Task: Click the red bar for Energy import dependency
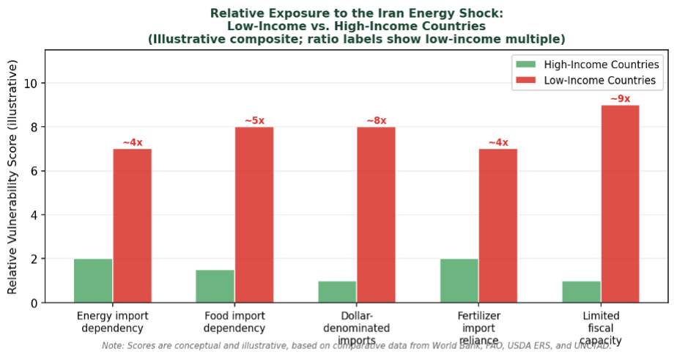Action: (132, 226)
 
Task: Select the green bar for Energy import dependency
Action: (93, 280)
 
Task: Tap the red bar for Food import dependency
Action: (254, 215)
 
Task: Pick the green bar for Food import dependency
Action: (215, 286)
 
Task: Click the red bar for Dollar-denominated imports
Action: (376, 215)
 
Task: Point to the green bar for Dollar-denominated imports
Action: (337, 291)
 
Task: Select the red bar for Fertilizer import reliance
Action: (498, 226)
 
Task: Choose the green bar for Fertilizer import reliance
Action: (459, 280)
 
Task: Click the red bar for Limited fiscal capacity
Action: (620, 204)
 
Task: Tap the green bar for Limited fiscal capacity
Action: (581, 291)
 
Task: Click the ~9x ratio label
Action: (620, 99)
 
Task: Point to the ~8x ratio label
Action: (376, 121)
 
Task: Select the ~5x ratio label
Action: (254, 121)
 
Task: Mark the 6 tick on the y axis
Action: (35, 172)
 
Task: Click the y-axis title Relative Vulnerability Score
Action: (12, 177)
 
